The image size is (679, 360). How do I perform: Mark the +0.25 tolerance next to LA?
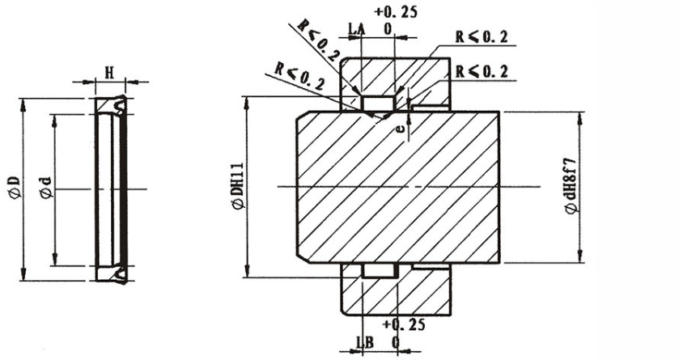pos(393,12)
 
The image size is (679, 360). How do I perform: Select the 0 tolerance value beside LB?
pos(395,342)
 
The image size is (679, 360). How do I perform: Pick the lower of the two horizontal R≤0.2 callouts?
pos(482,72)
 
